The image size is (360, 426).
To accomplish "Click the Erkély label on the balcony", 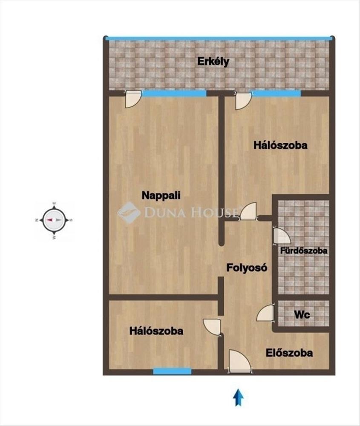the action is (213, 62).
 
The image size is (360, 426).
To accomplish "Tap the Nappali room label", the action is (161, 196).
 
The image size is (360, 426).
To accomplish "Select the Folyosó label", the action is (247, 268).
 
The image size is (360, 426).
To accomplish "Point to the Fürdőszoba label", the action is (303, 250).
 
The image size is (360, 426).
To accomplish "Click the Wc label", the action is (302, 315).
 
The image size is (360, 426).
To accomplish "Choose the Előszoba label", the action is (289, 353).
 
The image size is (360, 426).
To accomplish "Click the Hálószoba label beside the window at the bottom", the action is (156, 331).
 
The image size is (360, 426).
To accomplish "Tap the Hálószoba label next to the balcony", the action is (280, 145).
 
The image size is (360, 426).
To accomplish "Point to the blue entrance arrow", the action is (238, 397).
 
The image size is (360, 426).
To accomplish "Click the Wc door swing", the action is (265, 313).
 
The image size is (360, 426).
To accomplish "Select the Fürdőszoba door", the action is (282, 236).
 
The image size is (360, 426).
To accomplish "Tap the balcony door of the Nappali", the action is (133, 99).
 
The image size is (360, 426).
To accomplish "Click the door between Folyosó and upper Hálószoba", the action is (248, 211).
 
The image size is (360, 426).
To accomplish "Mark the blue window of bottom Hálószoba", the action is (172, 371).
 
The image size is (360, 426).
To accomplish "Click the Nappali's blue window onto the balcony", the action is (174, 93).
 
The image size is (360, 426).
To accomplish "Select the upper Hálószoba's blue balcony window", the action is (276, 93).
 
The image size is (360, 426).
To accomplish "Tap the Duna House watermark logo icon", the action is (129, 213).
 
